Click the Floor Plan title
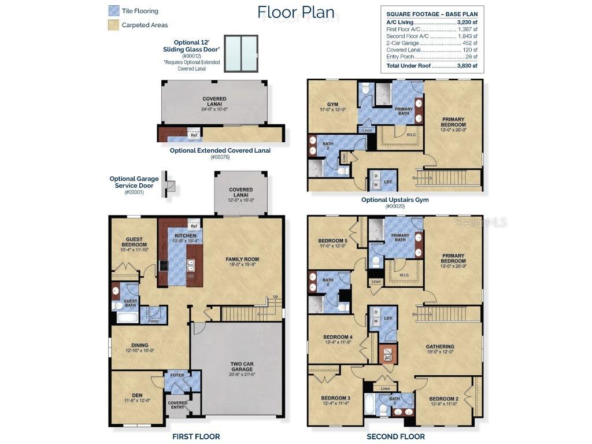point(295,12)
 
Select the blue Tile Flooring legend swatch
point(113,10)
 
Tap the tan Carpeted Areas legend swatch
point(113,25)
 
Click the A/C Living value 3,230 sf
point(467,21)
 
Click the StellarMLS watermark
point(480,222)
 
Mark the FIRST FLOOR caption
point(196,436)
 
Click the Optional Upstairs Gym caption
point(395,200)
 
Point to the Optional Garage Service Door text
point(134,182)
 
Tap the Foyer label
point(177,375)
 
